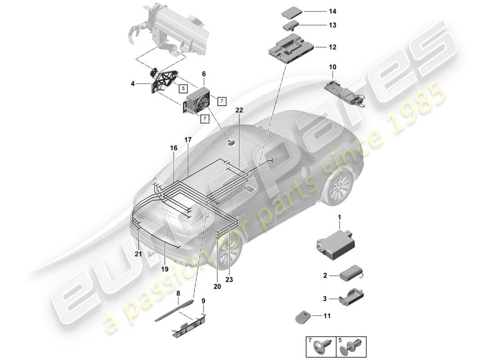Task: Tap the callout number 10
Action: (x=332, y=67)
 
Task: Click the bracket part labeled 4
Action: (x=164, y=83)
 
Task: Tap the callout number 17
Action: (x=188, y=140)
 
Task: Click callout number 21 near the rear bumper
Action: (x=138, y=254)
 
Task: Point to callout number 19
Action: (x=165, y=269)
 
